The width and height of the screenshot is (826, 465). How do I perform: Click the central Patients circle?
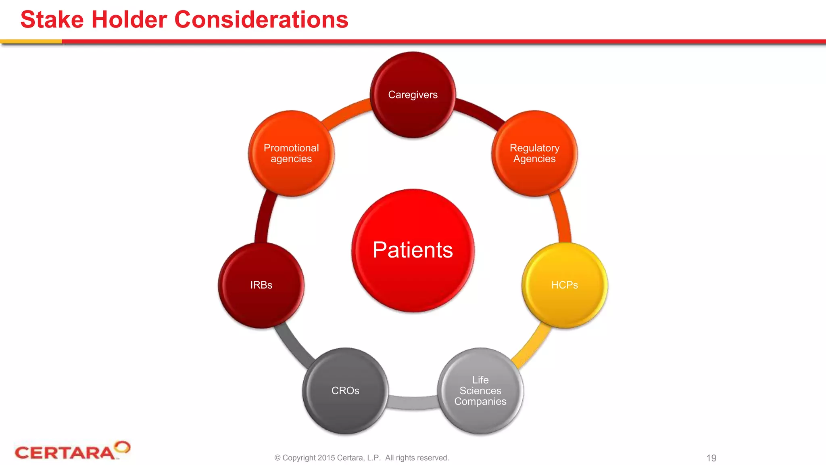pos(413,250)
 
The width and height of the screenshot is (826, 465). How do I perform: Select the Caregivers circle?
pos(413,95)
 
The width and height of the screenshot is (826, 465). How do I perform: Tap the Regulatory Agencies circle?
pos(534,153)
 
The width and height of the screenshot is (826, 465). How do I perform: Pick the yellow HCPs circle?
pos(564,285)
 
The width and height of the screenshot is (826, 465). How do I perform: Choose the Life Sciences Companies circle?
pos(480,391)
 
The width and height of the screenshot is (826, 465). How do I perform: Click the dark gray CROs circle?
pos(345,391)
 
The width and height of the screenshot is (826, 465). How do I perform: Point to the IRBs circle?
pos(261,285)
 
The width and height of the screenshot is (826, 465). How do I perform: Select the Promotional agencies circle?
pos(291,153)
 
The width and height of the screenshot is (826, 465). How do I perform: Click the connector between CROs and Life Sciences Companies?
pos(413,402)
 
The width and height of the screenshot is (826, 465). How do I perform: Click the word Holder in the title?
pos(129,19)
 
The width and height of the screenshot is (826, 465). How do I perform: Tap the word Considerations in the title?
pos(261,19)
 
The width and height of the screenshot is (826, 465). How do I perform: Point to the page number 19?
pos(711,458)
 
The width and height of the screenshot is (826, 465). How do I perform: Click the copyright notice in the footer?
pos(361,458)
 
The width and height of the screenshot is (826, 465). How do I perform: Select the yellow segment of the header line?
pos(31,41)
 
